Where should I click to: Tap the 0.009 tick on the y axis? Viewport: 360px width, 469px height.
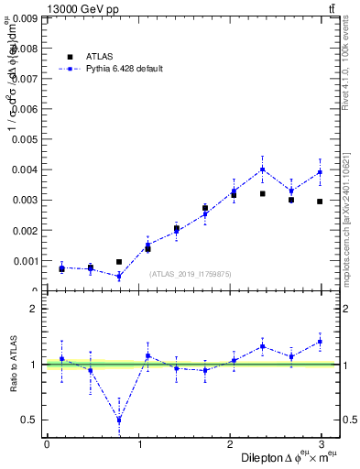coord(23,17)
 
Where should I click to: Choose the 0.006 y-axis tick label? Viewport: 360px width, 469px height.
coord(23,109)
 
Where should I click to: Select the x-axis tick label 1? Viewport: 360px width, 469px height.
coord(139,443)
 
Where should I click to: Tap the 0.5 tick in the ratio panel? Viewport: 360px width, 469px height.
coord(28,420)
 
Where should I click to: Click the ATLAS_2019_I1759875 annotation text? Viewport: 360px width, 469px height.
coord(191,274)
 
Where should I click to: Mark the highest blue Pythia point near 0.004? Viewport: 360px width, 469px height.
coord(262,169)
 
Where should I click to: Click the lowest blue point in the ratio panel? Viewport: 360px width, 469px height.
coord(119,420)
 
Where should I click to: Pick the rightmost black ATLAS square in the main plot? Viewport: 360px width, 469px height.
coord(320,202)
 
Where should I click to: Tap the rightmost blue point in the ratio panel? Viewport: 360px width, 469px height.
coord(320,342)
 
